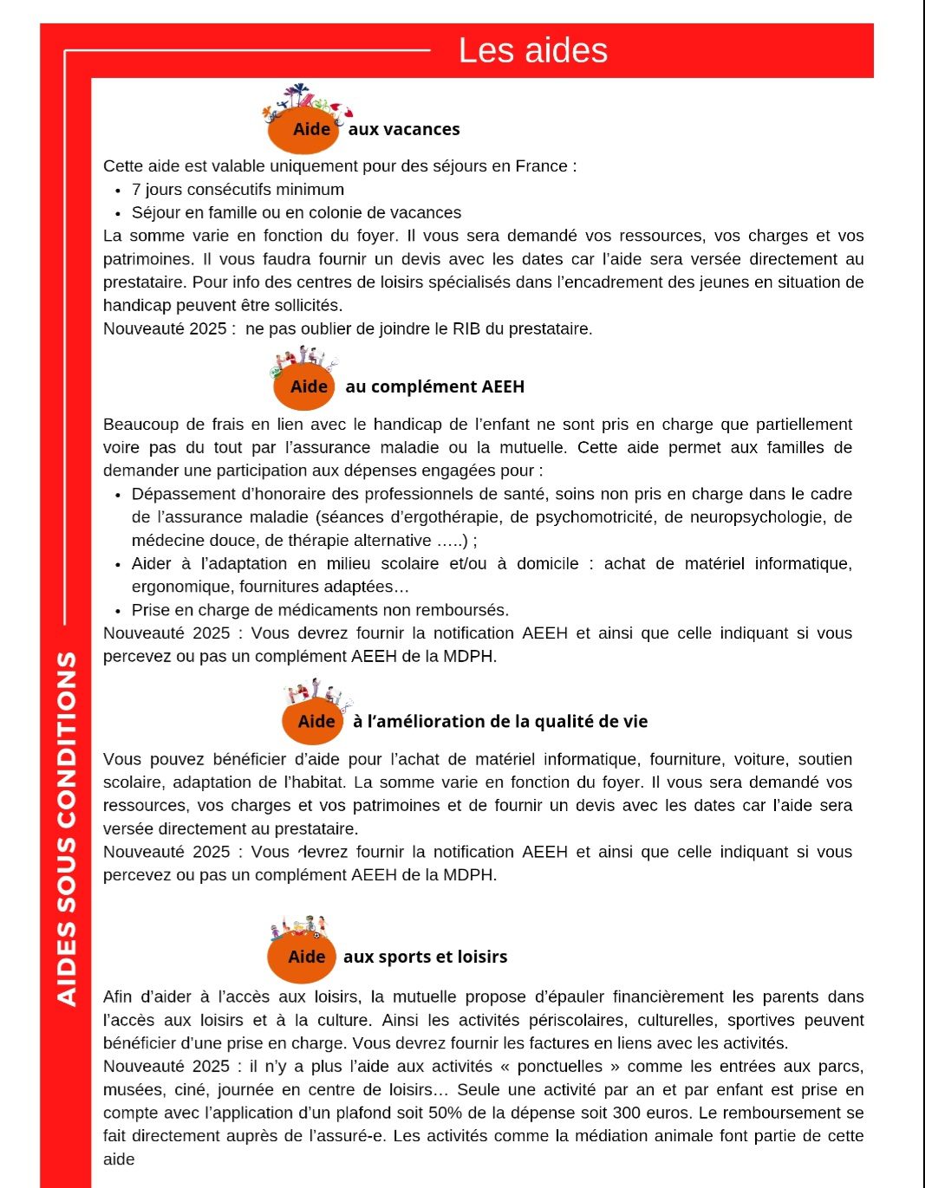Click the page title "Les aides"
(x=532, y=50)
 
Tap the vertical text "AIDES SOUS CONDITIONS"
(x=67, y=828)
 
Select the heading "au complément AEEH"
(x=434, y=386)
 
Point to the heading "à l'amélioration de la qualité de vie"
(x=500, y=722)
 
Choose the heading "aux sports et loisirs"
(x=425, y=957)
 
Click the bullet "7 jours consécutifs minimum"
(x=238, y=190)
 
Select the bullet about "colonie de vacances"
(x=296, y=213)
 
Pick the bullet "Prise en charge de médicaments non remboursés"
(x=320, y=610)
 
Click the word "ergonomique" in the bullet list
(x=180, y=587)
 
